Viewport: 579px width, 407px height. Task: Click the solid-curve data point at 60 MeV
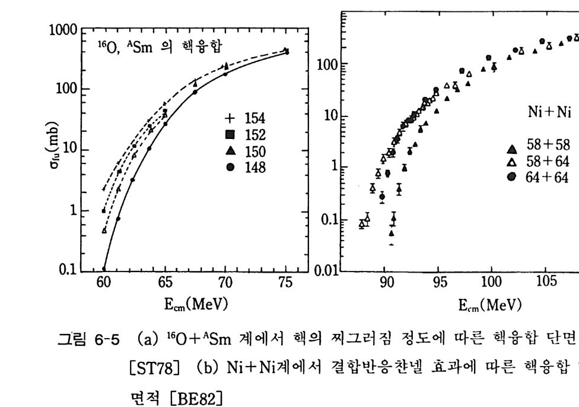[x=104, y=269]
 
